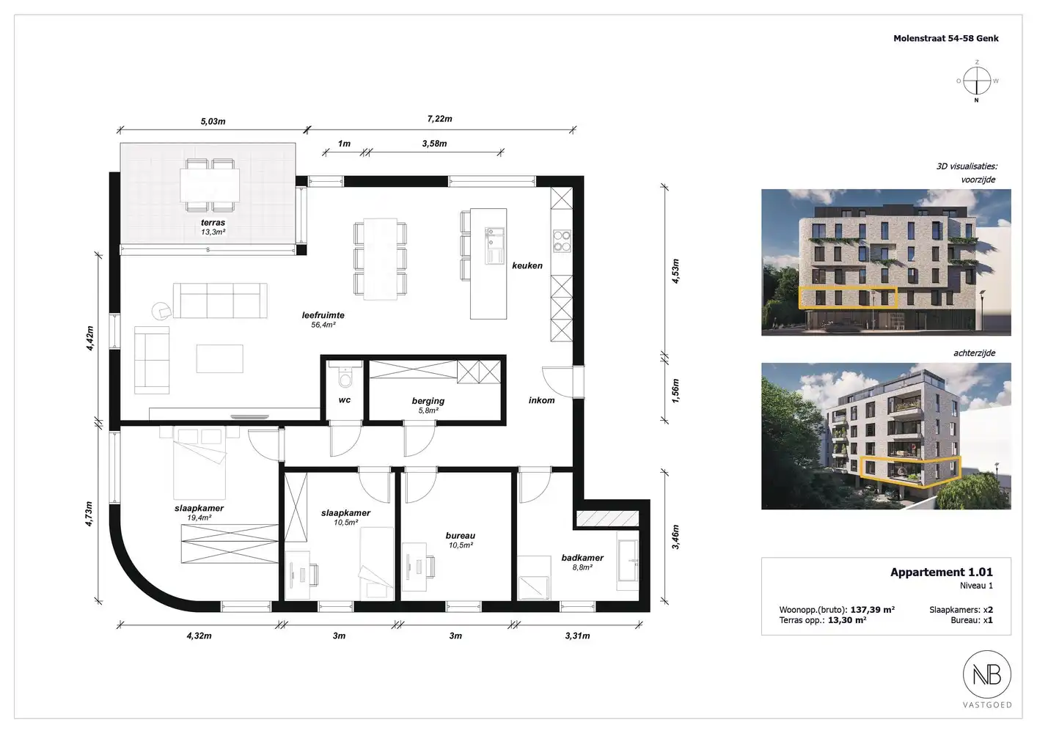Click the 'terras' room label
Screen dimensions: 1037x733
click(x=213, y=223)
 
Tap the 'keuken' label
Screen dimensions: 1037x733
click(x=527, y=265)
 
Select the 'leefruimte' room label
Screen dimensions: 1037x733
click(x=323, y=315)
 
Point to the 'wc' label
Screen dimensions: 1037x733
click(x=345, y=399)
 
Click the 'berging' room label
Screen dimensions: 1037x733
click(x=428, y=401)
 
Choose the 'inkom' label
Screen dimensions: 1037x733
click(x=542, y=400)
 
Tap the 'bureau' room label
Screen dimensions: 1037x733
click(x=461, y=535)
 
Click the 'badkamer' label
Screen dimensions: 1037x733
click(x=582, y=558)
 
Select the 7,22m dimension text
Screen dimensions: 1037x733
click(x=440, y=119)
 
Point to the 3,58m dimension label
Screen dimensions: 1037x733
click(x=434, y=144)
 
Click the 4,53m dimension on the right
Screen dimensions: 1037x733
click(x=675, y=271)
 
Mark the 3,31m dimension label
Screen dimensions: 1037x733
click(x=577, y=636)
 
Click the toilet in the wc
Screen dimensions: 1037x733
click(x=345, y=376)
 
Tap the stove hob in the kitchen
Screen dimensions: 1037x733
click(x=562, y=242)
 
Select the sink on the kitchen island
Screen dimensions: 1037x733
click(x=494, y=246)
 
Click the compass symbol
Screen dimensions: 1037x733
click(x=977, y=81)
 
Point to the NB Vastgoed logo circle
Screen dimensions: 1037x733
click(x=987, y=674)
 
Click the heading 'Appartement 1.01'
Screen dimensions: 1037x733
click(x=942, y=572)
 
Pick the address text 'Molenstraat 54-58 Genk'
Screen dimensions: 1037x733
click(x=946, y=38)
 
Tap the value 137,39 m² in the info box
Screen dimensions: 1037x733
click(x=873, y=610)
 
